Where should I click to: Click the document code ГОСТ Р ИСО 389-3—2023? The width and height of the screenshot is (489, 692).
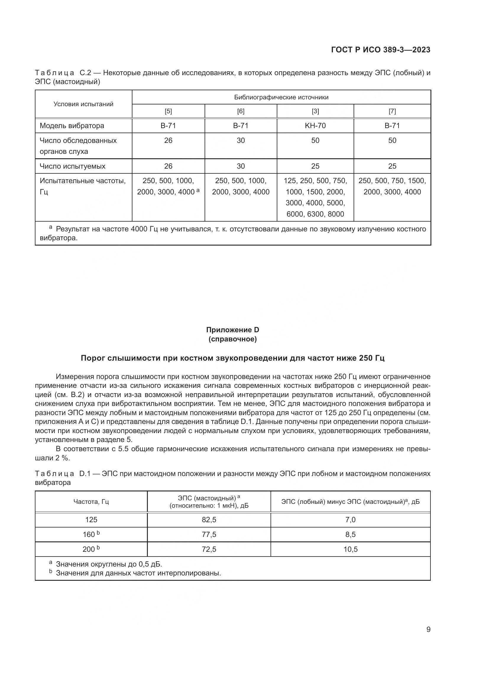tap(380, 50)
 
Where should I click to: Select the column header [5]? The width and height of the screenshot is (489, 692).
tap(168, 111)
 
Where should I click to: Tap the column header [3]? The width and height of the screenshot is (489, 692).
tap(315, 111)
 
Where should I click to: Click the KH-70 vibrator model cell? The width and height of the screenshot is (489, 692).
tap(315, 126)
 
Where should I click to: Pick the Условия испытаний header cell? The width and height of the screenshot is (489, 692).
tap(83, 104)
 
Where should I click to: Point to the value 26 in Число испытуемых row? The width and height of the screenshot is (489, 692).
tap(168, 166)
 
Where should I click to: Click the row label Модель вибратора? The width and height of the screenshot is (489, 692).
tap(72, 126)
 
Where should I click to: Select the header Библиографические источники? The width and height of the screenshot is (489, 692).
tap(281, 97)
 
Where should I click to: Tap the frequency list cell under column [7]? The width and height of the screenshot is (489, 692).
tap(392, 186)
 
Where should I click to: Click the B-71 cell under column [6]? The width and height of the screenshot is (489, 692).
tap(241, 126)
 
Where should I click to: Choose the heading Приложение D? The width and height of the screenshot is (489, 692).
tap(232, 330)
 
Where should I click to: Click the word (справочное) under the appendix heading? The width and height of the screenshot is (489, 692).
tap(232, 339)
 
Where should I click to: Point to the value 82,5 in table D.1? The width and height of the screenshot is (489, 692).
tap(209, 520)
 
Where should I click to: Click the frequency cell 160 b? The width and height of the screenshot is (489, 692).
tap(91, 534)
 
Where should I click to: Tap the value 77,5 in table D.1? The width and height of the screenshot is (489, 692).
tap(209, 534)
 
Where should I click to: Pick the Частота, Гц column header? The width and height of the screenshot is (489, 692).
tap(91, 501)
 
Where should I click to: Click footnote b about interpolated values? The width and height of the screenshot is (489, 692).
tap(138, 573)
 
